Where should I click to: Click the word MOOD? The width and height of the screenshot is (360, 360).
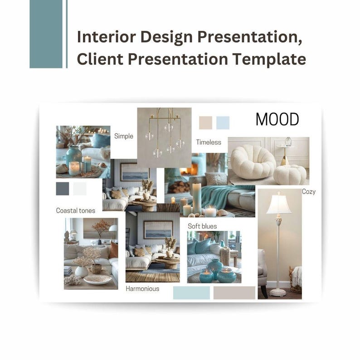click(x=277, y=120)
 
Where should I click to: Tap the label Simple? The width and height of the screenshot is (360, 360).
click(x=124, y=136)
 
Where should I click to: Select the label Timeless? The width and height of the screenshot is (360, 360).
click(x=209, y=142)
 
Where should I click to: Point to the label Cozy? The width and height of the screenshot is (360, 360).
click(x=309, y=192)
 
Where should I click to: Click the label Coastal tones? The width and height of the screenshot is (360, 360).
click(x=76, y=210)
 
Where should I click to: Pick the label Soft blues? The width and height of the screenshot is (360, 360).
click(x=202, y=226)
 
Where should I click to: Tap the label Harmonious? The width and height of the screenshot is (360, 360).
click(x=142, y=288)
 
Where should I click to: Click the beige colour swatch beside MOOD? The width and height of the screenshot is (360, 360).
click(x=205, y=122)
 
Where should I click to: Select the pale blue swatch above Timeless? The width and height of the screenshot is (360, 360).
click(x=223, y=122)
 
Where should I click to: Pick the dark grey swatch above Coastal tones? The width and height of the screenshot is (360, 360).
click(x=63, y=189)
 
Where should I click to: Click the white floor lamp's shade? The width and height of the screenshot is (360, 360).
click(x=278, y=203)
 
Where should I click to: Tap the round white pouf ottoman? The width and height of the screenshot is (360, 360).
click(x=290, y=174)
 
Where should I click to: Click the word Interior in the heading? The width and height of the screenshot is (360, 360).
click(x=100, y=37)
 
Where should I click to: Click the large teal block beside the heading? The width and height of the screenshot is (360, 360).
click(x=46, y=34)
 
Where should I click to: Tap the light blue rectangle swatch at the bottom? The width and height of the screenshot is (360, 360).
click(x=191, y=293)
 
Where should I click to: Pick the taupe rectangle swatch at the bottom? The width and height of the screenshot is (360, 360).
click(x=234, y=293)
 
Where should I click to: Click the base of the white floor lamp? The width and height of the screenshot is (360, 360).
click(x=278, y=292)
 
